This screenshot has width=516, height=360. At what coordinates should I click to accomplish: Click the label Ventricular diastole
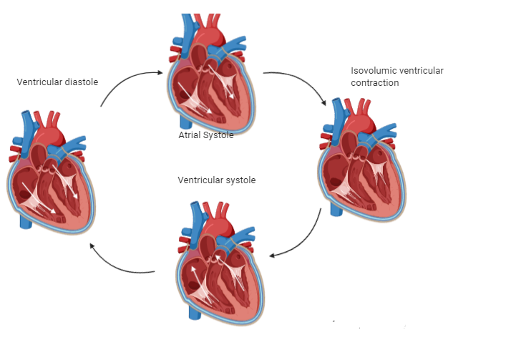point(57,82)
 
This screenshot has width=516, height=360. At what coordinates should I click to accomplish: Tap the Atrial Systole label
point(205,135)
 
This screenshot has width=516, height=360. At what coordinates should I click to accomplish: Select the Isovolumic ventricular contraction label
point(396,77)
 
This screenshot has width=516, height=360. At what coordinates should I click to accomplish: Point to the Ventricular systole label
point(216,180)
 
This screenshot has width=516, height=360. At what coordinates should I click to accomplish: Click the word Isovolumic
point(373,71)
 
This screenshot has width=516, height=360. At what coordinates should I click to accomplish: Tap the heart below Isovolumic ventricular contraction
point(361,169)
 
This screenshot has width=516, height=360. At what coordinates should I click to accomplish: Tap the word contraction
point(374,83)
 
